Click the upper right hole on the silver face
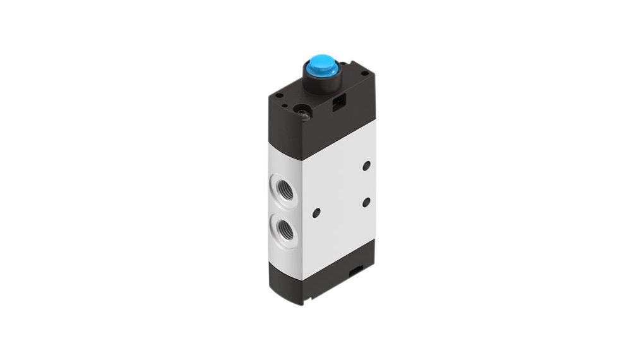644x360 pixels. click(x=367, y=167)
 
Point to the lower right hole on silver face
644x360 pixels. click(x=367, y=202)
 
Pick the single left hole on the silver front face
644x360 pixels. click(x=316, y=212)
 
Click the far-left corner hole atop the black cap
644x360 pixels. click(x=279, y=95)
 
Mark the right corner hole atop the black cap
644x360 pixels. click(x=365, y=73)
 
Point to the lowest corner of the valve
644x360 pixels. click(x=304, y=304)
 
